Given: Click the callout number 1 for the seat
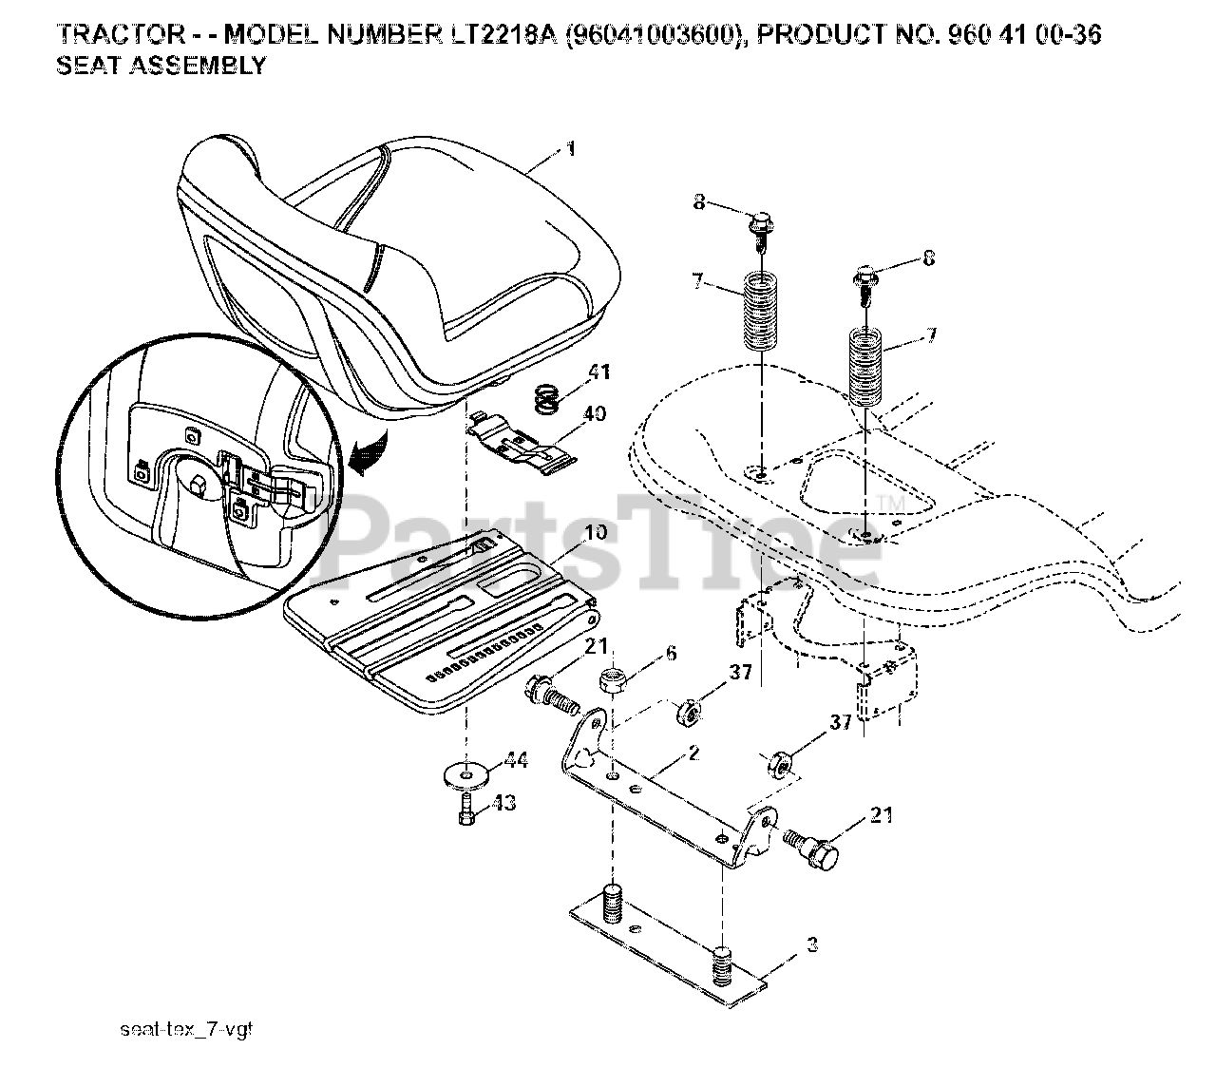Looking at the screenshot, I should pyautogui.click(x=570, y=149).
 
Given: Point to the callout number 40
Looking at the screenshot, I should pyautogui.click(x=595, y=414).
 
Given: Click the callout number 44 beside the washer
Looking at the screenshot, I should pyautogui.click(x=517, y=759).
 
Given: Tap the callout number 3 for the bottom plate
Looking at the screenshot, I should pyautogui.click(x=809, y=944).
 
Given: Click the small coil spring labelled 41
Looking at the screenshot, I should pyautogui.click(x=544, y=398).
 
